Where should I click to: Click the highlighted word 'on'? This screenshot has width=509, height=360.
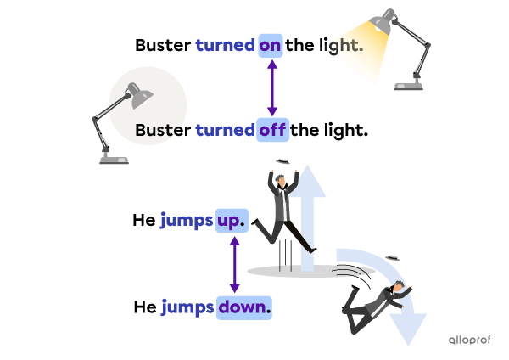(270, 45)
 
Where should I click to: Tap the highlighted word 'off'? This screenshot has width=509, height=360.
(272, 130)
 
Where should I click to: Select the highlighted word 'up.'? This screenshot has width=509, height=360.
(232, 221)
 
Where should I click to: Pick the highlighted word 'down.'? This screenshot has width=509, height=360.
(245, 307)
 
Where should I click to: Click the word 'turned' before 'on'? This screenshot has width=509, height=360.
(226, 45)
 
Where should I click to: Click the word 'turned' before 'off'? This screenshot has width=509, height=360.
(225, 130)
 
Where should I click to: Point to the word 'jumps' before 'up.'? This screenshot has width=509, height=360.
(187, 221)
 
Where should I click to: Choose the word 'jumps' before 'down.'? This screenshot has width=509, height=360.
(187, 307)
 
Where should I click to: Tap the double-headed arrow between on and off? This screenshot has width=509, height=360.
(272, 87)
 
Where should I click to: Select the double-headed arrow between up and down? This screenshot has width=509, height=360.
(234, 264)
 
